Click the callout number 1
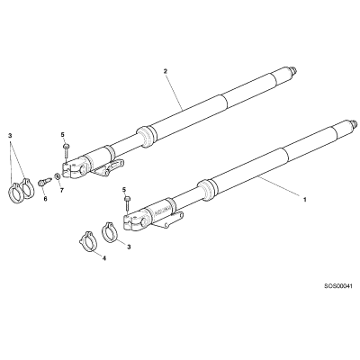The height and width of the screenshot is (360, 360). point(305,199)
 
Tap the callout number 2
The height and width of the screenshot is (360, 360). point(166,71)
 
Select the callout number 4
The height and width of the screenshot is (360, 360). point(104,258)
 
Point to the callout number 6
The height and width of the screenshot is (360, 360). point(46,199)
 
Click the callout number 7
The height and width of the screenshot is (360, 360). point(62,190)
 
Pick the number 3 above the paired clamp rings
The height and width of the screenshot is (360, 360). point(10,136)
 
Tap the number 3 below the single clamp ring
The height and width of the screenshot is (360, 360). point(130,247)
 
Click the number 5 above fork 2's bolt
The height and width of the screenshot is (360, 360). point(63,134)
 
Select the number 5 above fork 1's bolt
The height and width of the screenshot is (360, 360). point(124,189)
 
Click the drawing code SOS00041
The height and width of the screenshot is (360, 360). point(338,286)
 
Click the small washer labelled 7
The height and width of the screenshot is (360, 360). point(57,176)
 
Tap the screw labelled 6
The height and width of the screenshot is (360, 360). point(44,182)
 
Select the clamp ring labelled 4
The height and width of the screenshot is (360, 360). point(86,240)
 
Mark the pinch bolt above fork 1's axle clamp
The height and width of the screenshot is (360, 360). point(128,206)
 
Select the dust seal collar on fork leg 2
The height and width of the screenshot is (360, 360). point(147,136)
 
